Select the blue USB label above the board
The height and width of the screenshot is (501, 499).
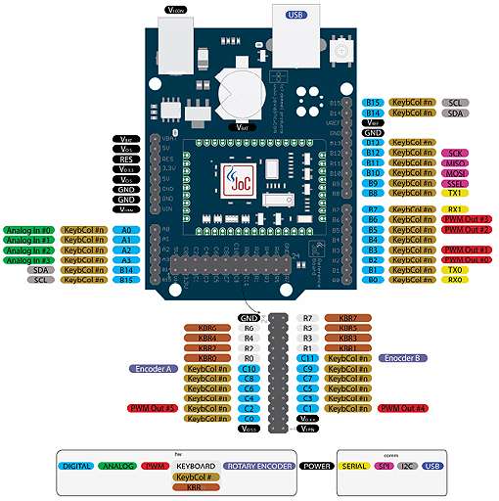(x=295, y=15)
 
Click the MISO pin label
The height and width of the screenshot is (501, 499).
(x=455, y=163)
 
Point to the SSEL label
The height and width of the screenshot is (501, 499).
(x=455, y=183)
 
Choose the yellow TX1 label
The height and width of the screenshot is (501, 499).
(x=455, y=193)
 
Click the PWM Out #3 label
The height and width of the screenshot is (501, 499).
(x=467, y=219)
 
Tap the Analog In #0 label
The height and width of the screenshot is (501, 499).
(x=28, y=229)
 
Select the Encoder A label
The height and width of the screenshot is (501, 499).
(x=154, y=370)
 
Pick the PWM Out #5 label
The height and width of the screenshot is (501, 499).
(x=152, y=408)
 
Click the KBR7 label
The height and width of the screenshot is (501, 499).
(x=348, y=318)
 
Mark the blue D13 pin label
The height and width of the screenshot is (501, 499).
(x=373, y=142)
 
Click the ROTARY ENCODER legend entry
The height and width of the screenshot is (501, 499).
(x=259, y=466)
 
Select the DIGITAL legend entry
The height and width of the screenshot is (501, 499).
(x=76, y=466)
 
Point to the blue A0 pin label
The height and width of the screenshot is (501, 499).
(x=126, y=229)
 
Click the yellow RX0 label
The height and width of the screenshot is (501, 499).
(x=455, y=280)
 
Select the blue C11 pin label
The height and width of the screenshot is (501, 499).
(x=307, y=359)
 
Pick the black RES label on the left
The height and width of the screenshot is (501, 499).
(x=126, y=158)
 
